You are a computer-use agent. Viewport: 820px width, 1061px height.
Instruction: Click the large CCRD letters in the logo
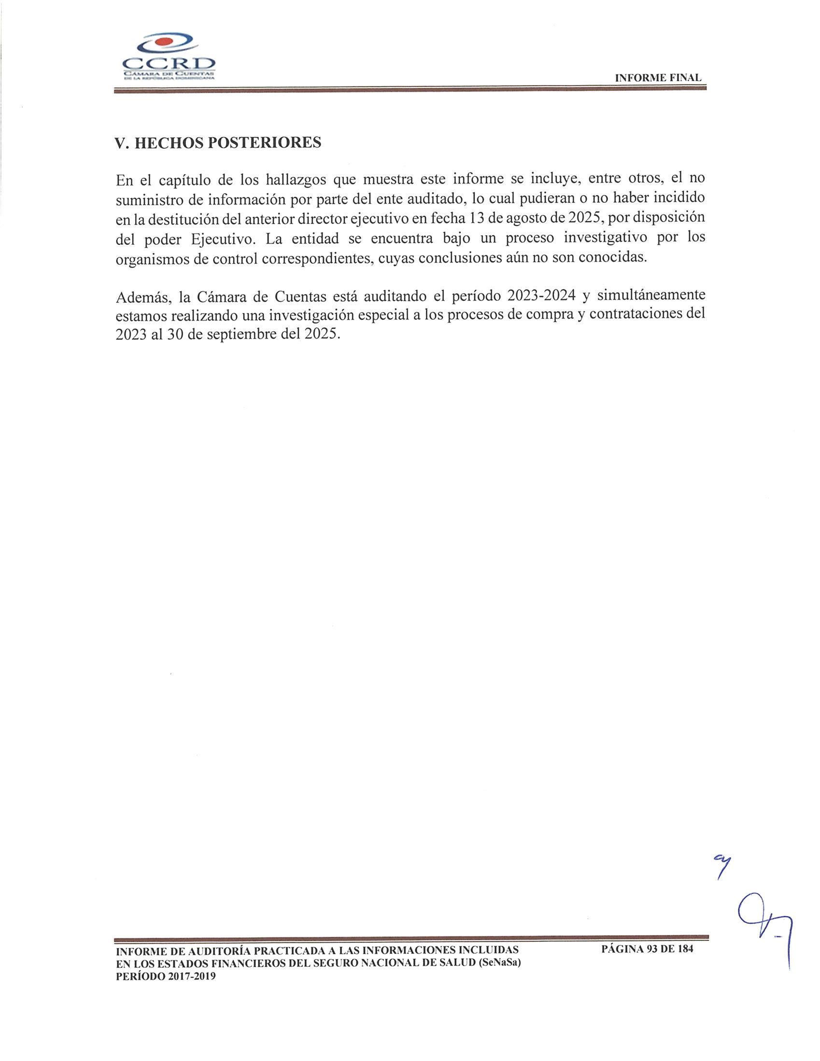tap(169, 64)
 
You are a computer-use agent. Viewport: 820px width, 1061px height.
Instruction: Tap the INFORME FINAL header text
tap(658, 78)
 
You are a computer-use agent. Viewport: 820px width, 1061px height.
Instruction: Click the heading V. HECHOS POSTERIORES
tap(218, 143)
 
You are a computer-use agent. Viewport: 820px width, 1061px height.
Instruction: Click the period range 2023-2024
tap(541, 296)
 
